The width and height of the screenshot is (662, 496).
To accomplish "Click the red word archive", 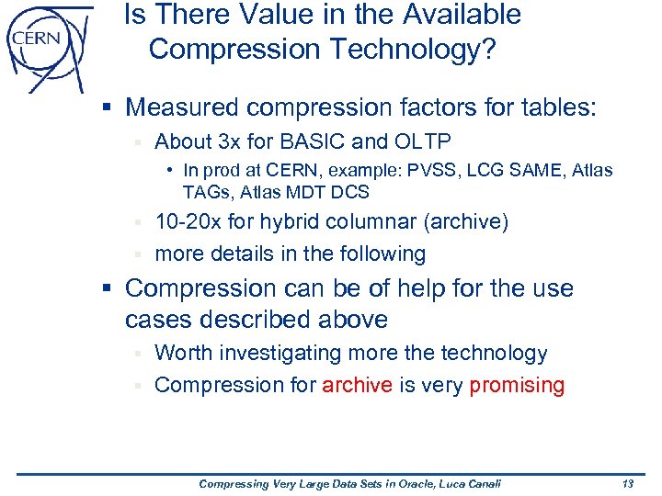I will [357, 385].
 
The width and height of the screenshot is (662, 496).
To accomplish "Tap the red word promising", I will [517, 385].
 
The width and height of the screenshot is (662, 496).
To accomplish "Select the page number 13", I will [629, 484].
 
